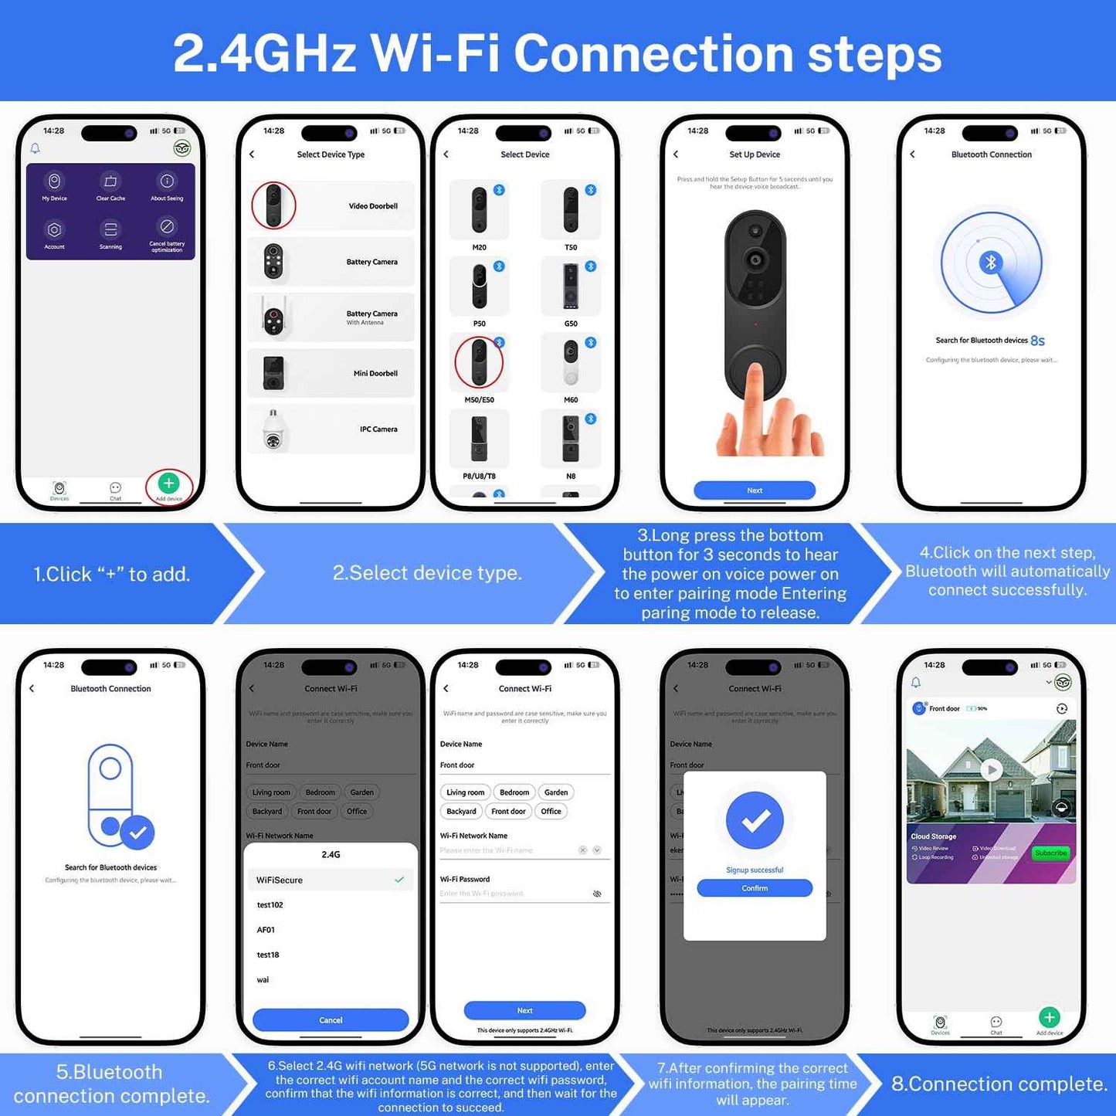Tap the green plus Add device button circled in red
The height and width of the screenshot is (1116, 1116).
click(168, 483)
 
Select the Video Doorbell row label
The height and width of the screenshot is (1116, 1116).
click(373, 206)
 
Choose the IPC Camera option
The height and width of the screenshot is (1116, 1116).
click(378, 429)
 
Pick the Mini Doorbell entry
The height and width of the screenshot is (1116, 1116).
click(375, 374)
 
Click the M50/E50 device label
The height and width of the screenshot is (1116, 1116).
click(479, 400)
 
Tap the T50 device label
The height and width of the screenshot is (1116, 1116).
click(571, 248)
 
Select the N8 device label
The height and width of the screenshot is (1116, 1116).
click(571, 477)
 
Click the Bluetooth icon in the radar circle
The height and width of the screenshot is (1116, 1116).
click(991, 263)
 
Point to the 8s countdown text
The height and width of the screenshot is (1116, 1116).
click(1037, 341)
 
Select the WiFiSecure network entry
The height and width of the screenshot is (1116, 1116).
click(280, 880)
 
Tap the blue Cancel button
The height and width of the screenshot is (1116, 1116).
click(331, 1020)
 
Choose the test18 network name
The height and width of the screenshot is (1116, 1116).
click(268, 955)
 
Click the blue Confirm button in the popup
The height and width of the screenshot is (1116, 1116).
click(755, 888)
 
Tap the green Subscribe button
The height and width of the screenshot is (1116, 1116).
click(1050, 853)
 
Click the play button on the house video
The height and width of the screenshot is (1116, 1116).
click(992, 769)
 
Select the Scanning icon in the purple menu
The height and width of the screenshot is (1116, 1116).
click(110, 229)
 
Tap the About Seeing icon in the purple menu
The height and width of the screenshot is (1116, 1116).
click(167, 181)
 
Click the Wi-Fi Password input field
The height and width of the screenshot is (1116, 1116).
click(514, 894)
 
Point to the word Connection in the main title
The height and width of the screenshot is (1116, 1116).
click(653, 54)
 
